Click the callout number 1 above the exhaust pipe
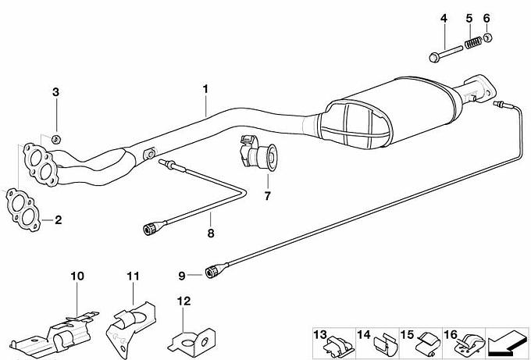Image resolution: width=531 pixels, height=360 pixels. [x=205, y=89]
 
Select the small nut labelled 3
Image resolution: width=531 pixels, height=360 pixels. [x=56, y=138]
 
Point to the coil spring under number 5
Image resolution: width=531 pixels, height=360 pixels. [x=473, y=42]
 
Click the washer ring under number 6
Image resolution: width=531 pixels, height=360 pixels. [x=487, y=37]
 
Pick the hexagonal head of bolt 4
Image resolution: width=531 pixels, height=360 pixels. [x=434, y=57]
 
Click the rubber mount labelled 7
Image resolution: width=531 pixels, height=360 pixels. [x=258, y=155]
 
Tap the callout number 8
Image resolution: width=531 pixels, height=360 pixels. [x=211, y=233]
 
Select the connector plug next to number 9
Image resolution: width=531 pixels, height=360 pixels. [x=212, y=271]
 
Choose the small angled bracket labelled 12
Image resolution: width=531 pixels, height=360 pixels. [x=193, y=342]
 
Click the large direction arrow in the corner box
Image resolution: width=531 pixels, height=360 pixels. [x=507, y=343]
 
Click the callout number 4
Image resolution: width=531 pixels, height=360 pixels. [x=444, y=18]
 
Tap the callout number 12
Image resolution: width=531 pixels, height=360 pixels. [x=184, y=301]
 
